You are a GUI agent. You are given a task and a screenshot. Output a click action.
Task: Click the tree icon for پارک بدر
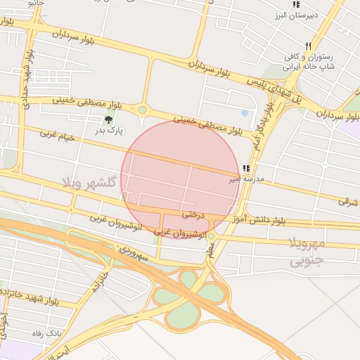[x=108, y=120]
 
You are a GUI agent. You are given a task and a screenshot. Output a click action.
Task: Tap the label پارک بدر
[x=110, y=130]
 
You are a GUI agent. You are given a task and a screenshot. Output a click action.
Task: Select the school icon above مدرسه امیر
[x=245, y=168]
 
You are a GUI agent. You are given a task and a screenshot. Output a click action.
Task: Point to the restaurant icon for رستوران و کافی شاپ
[x=308, y=46]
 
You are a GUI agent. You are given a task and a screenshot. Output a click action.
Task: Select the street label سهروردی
[x=133, y=252]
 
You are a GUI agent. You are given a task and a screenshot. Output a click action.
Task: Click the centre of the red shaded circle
[x=180, y=180]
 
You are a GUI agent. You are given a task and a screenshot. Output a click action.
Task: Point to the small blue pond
[x=244, y=112]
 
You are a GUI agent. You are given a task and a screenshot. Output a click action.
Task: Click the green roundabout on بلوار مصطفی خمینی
[x=143, y=110]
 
